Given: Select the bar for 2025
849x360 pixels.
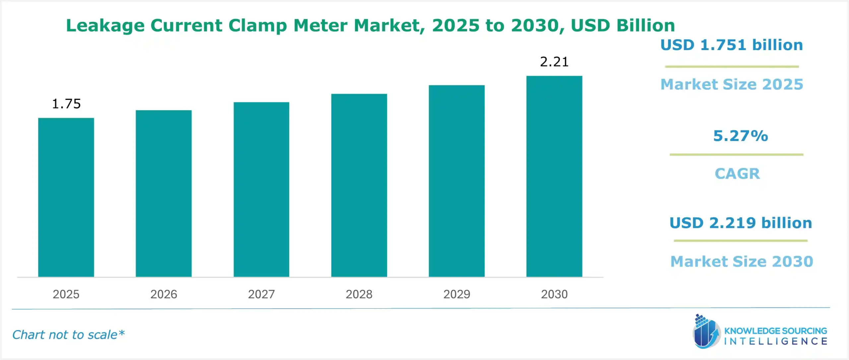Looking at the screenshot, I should coord(66,197).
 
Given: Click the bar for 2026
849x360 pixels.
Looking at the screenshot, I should coord(163,193).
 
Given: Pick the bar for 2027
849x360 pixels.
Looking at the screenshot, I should coord(261,189).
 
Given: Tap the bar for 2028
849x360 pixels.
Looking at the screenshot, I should coord(359,185).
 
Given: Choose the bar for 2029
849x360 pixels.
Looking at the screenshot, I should coord(457,181).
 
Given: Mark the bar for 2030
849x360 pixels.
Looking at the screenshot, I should coord(554,176).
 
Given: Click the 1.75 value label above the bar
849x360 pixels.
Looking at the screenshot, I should coord(66,104).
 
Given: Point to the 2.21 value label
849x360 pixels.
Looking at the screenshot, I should coord(554,62).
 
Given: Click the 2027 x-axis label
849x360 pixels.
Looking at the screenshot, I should coord(261,294).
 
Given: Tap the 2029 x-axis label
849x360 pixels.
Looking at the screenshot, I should coord(457,294).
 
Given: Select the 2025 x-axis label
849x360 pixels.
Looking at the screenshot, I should coord(66,294).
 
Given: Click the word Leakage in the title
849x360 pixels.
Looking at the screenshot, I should coord(105,26).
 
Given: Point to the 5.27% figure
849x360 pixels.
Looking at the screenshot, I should coord(740,136).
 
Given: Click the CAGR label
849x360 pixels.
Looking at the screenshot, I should coord(737,174).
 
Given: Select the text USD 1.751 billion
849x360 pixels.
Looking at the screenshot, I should coord(732,45).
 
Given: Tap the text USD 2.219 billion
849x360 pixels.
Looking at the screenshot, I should coord(741,223).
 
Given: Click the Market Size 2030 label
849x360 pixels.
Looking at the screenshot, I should coord(742,261).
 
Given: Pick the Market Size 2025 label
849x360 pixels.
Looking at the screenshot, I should coord(732,84).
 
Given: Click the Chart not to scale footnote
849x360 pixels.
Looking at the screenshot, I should coord(68,334).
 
